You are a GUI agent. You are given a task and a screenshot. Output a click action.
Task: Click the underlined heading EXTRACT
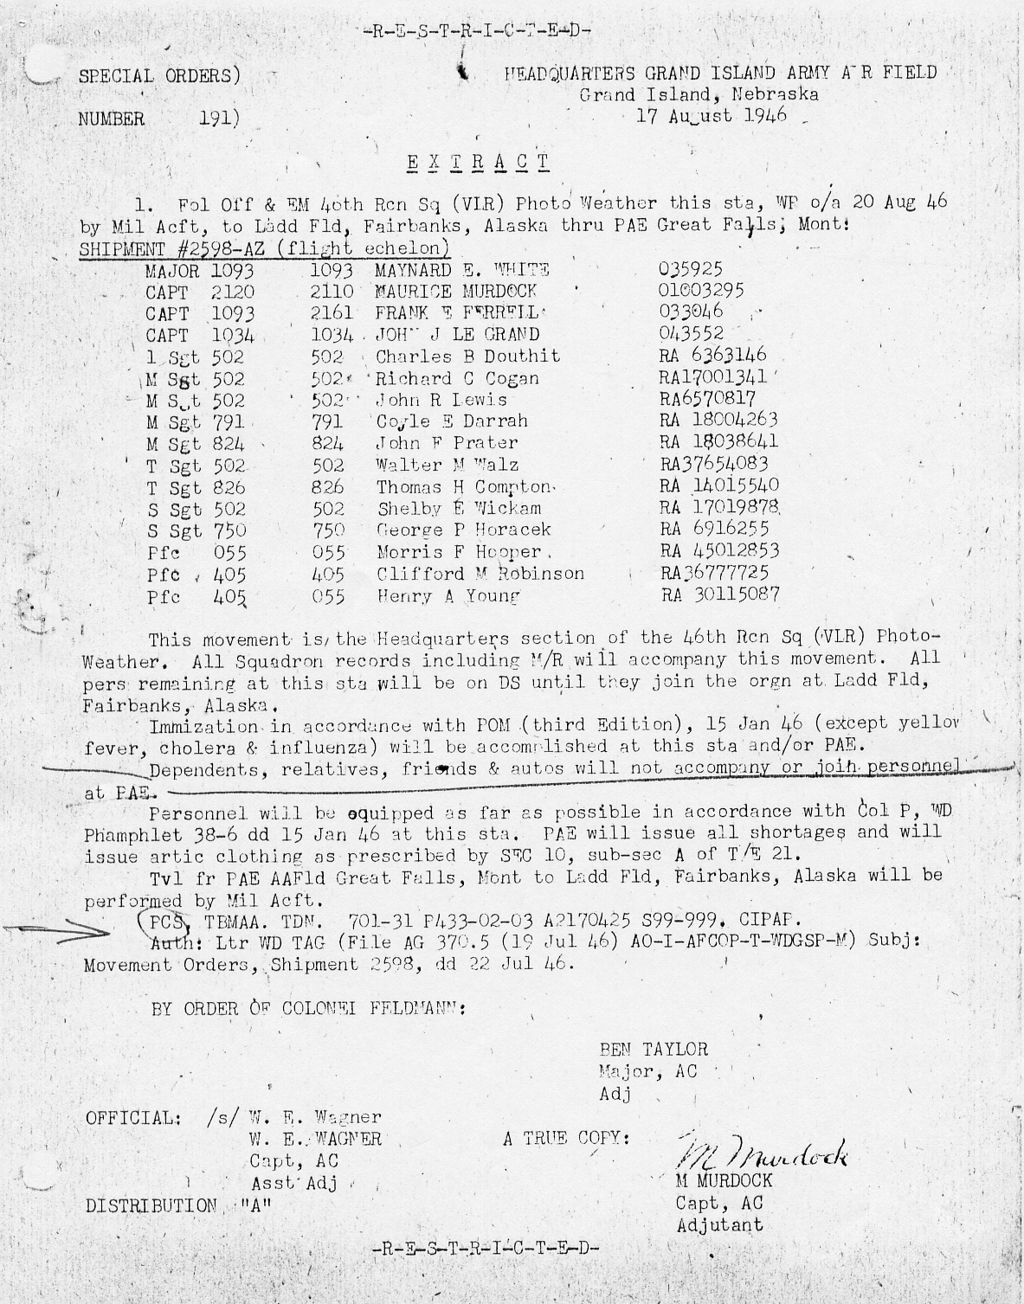pos(478,162)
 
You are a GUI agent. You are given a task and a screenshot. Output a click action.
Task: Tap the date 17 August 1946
pos(712,116)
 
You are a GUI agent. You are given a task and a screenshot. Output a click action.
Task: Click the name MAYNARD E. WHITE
pos(462,270)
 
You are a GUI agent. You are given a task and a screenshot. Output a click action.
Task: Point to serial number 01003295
pos(701,291)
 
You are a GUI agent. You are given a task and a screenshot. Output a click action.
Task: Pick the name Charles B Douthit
pos(467,357)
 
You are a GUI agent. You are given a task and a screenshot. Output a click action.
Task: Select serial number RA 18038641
pos(718,442)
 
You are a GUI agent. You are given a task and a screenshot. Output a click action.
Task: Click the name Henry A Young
pos(448,596)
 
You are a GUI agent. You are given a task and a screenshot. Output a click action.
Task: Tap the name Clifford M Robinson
pos(480,574)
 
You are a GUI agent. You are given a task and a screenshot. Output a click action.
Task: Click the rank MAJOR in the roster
pos(172,271)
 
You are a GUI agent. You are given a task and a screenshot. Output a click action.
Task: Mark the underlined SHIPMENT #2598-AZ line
pos(264,248)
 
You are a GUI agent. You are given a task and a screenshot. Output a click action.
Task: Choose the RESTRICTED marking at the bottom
pos(485,1249)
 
